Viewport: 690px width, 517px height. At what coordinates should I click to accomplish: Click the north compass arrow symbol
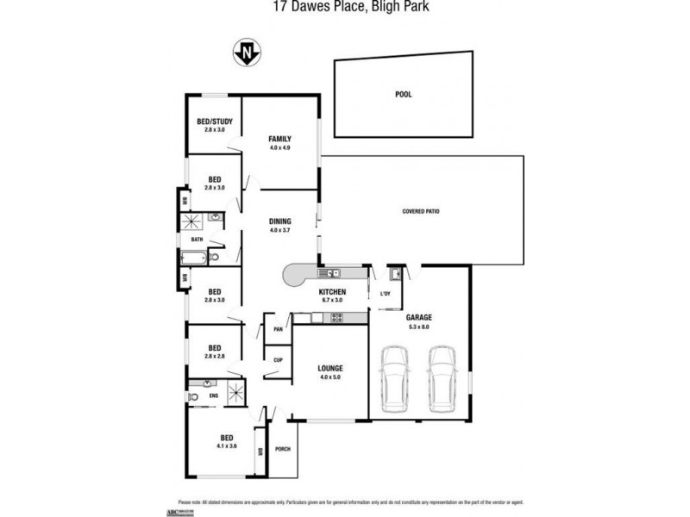(248, 54)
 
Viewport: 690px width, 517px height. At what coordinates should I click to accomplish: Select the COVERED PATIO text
(422, 211)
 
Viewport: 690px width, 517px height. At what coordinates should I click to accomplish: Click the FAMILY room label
(279, 139)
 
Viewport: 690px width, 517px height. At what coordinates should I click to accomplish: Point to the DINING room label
(279, 221)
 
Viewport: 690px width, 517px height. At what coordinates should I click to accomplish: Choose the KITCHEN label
(331, 293)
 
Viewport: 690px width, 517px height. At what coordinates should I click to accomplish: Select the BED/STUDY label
(214, 121)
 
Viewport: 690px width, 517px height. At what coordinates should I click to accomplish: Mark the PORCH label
(282, 449)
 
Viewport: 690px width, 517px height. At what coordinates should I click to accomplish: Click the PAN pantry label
(279, 329)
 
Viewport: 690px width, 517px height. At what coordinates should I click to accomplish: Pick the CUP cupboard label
(279, 359)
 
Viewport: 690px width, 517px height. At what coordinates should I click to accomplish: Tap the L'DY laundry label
(386, 295)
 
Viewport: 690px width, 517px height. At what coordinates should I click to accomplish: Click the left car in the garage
(396, 379)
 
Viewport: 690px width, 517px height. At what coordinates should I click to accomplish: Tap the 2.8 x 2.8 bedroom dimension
(214, 355)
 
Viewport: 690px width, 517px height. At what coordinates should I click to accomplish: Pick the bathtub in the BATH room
(196, 256)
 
